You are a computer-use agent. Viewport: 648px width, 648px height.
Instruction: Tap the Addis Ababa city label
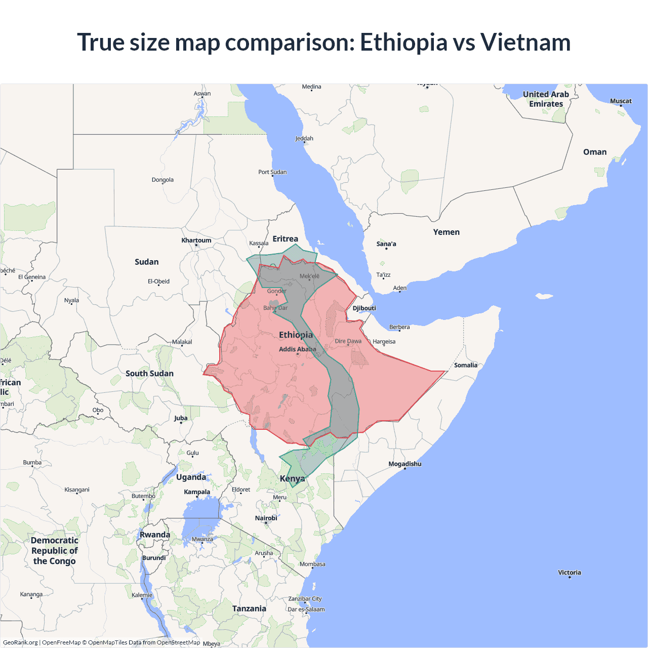[297, 349]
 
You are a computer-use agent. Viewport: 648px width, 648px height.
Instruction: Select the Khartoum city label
[196, 240]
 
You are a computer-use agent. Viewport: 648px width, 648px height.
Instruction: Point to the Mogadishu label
[404, 464]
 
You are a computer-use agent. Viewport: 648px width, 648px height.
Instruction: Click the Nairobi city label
[266, 518]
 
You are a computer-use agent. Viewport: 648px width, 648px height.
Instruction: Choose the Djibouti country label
[364, 308]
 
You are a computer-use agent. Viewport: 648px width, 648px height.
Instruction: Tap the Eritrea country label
[285, 239]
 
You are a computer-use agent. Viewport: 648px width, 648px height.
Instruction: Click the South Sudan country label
[149, 374]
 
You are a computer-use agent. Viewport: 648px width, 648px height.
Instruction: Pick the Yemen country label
[446, 232]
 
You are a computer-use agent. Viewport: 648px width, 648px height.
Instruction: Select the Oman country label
[594, 152]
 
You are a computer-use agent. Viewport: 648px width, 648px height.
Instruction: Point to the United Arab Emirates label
[546, 99]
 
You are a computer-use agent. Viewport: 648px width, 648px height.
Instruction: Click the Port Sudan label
[272, 172]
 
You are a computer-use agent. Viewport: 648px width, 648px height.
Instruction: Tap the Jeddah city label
[304, 138]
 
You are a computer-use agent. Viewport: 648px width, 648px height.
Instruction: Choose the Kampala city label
[197, 492]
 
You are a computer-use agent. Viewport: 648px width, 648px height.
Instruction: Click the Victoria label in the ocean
[570, 573]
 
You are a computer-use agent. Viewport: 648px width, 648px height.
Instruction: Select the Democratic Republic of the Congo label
[55, 551]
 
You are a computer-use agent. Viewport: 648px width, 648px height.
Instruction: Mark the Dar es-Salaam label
[306, 610]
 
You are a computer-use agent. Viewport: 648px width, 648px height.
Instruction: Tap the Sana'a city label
[386, 244]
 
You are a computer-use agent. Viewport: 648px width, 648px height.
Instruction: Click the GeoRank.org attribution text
[20, 642]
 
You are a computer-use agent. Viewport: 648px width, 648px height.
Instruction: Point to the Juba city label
[181, 418]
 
